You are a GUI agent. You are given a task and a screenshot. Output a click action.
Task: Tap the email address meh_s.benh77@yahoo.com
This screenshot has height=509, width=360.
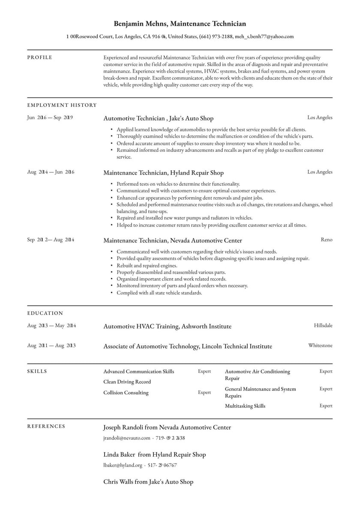264,37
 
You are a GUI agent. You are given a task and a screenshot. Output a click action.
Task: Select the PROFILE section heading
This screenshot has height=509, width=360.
39,57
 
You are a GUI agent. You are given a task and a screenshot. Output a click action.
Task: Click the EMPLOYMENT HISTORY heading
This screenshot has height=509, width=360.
62,105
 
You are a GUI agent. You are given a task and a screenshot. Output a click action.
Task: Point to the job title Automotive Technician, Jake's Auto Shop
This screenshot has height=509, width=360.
158,118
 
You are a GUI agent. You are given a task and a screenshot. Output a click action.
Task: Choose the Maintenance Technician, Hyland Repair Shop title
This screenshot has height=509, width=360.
163,173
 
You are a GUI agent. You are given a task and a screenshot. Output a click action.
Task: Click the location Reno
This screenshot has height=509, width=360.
326,240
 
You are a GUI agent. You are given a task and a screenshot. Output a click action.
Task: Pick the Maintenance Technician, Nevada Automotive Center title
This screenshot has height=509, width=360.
172,241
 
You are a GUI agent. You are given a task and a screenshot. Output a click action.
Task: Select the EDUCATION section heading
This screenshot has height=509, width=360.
45,313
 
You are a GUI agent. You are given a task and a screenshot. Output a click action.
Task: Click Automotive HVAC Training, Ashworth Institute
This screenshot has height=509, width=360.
167,326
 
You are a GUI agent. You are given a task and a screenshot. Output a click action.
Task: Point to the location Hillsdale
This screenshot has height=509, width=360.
323,325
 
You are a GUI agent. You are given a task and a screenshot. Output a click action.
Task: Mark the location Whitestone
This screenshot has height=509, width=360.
320,345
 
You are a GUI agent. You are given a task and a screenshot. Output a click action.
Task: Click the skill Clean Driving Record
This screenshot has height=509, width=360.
127,382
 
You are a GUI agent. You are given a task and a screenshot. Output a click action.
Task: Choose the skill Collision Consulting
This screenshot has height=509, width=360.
126,392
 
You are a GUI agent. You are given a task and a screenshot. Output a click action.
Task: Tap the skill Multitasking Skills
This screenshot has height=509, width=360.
245,406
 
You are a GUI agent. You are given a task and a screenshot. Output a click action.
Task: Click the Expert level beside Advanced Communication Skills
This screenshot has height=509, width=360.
204,371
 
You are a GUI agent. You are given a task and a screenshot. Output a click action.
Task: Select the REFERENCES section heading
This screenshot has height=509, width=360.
46,426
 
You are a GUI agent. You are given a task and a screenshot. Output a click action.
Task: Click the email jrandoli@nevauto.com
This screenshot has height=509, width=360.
126,438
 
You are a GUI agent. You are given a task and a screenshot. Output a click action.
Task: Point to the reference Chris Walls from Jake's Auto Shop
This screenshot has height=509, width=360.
148,482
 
